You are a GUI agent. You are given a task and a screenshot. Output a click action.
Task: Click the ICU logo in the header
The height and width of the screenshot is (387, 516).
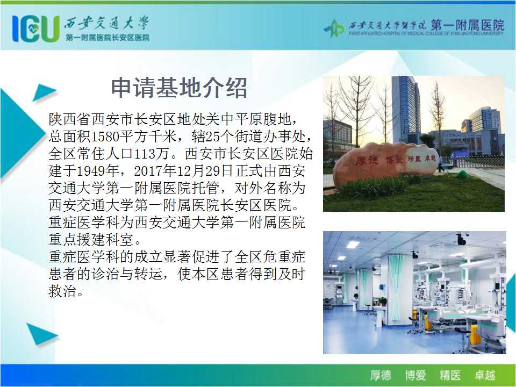coord(36,28)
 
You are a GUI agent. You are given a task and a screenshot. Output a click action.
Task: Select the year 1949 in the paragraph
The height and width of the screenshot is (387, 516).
coord(91,170)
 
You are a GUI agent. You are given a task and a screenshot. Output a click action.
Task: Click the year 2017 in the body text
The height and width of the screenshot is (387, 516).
coord(148,170)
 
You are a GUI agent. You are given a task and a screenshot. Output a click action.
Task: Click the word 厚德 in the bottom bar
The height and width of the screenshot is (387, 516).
coord(380,375)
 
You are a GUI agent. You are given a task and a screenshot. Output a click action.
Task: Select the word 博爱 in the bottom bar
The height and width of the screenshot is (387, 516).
coord(415,375)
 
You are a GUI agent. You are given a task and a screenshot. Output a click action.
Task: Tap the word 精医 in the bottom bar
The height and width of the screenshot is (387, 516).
coord(450,375)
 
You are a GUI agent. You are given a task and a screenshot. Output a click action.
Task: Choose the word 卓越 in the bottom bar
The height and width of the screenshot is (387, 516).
coord(485,375)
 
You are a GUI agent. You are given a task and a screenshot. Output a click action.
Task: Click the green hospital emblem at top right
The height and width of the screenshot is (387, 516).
coord(334,28)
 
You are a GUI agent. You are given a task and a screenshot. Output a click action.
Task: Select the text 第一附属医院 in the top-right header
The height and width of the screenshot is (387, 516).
coord(467,25)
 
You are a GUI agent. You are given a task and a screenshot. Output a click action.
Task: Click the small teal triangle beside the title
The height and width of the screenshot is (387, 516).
coord(44,92)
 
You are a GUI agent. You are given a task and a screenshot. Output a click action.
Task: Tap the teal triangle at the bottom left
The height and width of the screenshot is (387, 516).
coord(41,334)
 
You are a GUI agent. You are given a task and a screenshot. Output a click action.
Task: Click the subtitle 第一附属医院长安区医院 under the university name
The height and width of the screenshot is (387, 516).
coord(107,38)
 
